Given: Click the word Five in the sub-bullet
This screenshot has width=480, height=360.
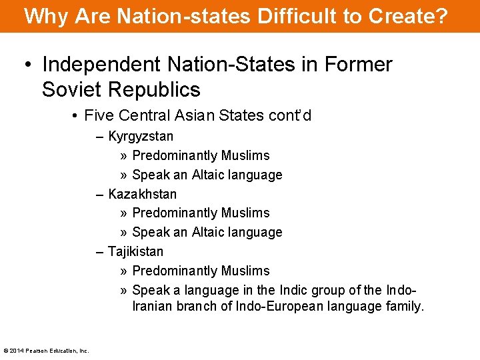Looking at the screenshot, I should (x=99, y=115).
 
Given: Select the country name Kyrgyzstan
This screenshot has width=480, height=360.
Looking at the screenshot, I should (x=141, y=137).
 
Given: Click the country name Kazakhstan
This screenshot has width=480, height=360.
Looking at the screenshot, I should (x=143, y=194).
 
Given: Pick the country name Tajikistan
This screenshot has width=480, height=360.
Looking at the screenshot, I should (x=135, y=252).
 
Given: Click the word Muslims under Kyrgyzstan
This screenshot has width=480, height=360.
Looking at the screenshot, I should (x=245, y=155).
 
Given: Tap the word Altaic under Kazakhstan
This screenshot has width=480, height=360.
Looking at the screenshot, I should (x=209, y=232).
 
